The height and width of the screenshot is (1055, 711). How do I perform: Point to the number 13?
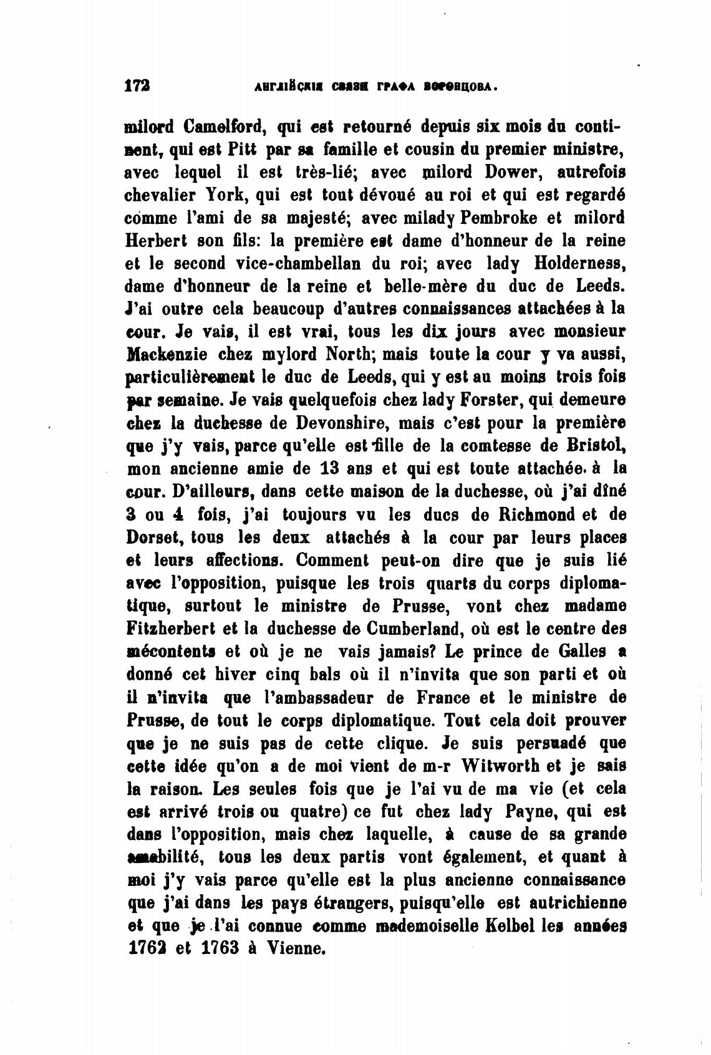[x=331, y=468]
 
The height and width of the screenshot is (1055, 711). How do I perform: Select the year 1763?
[x=221, y=948]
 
